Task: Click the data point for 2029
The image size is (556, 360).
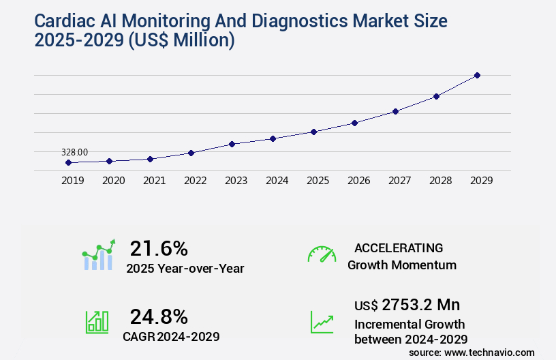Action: tap(477, 75)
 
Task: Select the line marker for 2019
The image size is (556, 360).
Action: tap(68, 162)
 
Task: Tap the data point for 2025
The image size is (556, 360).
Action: tap(313, 132)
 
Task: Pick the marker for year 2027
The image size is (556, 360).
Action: tap(395, 111)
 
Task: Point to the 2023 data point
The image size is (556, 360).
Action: tap(232, 144)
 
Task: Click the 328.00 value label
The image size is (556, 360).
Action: tap(74, 152)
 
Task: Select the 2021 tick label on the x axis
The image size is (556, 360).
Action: tap(154, 181)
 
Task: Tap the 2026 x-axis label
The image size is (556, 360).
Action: tap(358, 181)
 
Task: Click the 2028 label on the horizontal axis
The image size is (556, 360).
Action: tap(440, 181)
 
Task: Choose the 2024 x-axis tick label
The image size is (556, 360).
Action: tap(277, 181)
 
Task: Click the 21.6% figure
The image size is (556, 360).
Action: tap(159, 248)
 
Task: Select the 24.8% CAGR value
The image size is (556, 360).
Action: tap(159, 316)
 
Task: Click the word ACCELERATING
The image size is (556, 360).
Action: tap(399, 247)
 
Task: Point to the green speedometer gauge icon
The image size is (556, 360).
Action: tap(322, 254)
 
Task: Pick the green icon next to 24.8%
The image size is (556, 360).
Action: tap(97, 322)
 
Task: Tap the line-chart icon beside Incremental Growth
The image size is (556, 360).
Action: tap(322, 322)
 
